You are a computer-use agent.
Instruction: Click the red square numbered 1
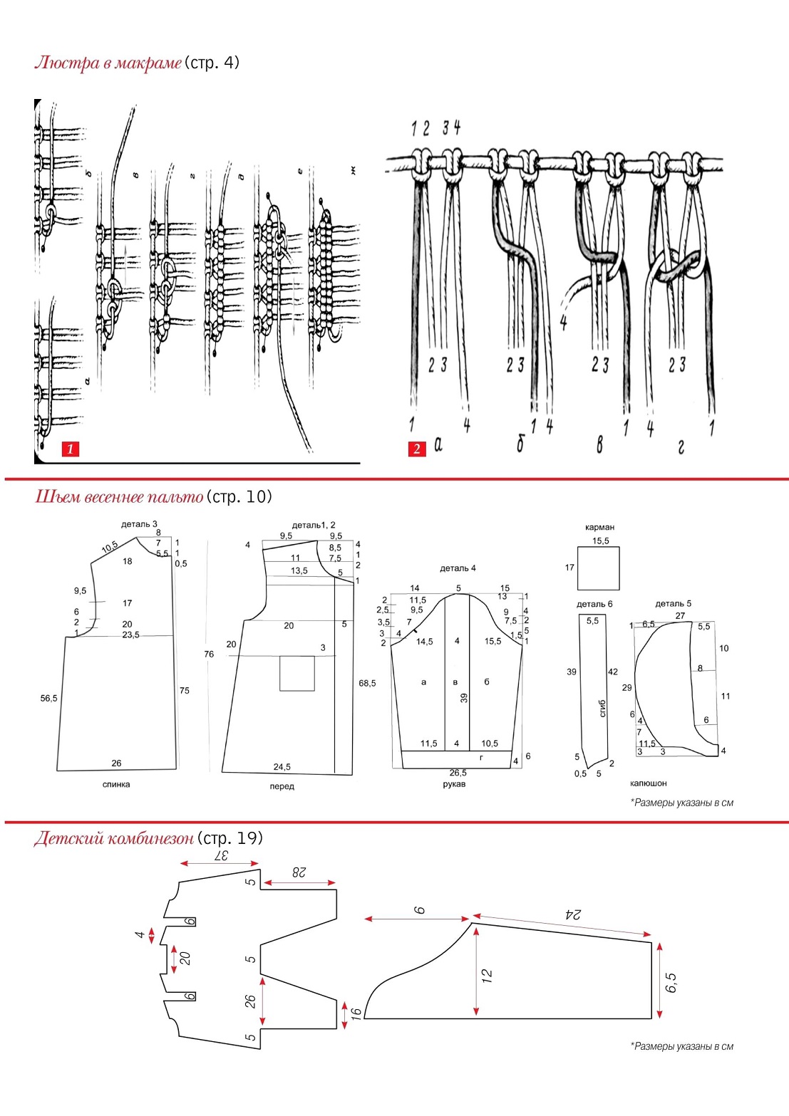(70, 449)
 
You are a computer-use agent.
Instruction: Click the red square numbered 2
(417, 449)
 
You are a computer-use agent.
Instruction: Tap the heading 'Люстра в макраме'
(108, 63)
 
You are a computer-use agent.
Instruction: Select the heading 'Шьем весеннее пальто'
(119, 496)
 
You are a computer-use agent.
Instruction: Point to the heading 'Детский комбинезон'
(113, 838)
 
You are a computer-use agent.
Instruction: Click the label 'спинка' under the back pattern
(116, 784)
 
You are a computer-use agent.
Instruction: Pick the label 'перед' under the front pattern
(282, 786)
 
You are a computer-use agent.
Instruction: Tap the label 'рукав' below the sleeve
(454, 784)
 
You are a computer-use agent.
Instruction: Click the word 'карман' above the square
(599, 527)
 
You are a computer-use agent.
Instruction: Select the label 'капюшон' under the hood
(649, 783)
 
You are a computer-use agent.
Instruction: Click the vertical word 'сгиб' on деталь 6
(603, 708)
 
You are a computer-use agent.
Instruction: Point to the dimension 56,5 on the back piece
(48, 698)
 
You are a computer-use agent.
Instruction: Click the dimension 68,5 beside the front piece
(367, 683)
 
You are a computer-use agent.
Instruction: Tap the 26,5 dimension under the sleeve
(458, 773)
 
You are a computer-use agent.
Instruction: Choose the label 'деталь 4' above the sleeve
(458, 568)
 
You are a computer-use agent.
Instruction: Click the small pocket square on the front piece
(297, 674)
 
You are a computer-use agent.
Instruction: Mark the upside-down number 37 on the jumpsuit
(220, 855)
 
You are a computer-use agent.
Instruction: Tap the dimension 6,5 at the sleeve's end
(671, 983)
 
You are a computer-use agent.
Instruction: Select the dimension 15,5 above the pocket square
(601, 541)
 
